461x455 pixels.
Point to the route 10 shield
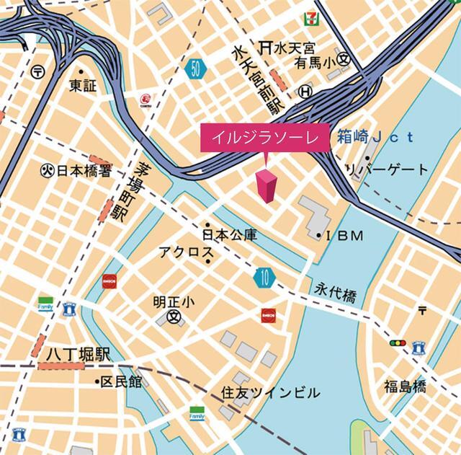tap(264, 276)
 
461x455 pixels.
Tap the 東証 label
tap(84, 86)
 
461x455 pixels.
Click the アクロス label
tap(186, 252)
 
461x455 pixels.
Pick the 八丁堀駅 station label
tap(71, 354)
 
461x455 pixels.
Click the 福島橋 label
tap(404, 386)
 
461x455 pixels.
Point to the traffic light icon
tap(397, 343)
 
